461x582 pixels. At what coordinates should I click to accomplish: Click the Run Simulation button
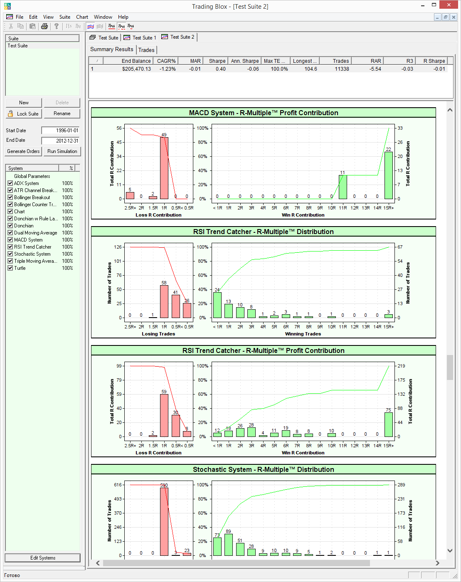62,151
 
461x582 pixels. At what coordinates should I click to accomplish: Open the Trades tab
146,50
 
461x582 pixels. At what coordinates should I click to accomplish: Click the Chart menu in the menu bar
82,17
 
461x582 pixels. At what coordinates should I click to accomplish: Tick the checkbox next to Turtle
10,268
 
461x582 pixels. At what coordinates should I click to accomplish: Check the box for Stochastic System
10,254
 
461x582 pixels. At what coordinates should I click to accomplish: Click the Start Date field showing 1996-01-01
60,131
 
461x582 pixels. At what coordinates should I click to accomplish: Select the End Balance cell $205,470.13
136,69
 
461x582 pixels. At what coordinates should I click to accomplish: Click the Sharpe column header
217,61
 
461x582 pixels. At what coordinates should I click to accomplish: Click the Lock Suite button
24,113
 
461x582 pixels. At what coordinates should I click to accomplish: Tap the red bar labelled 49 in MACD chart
164,168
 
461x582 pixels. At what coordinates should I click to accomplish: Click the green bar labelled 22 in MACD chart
388,175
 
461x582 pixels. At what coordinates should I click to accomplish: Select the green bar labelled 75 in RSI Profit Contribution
388,424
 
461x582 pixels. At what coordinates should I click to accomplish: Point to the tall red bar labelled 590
164,521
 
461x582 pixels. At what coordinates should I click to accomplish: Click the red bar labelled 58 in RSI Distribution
164,301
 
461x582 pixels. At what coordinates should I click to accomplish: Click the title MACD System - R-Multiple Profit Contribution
264,113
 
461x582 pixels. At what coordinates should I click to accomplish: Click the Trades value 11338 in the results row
342,69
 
